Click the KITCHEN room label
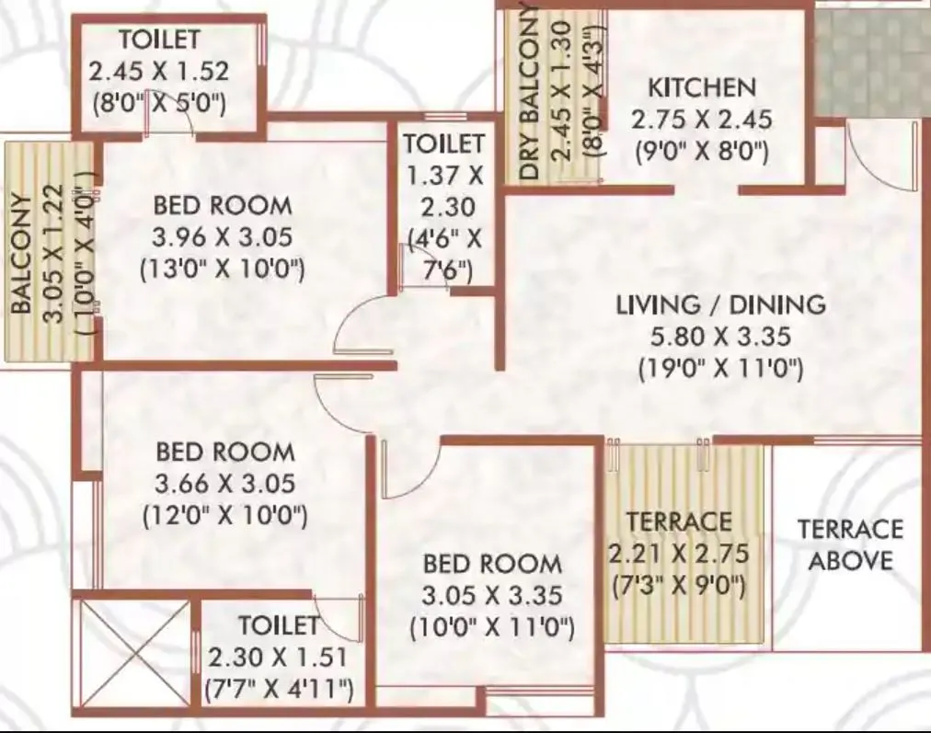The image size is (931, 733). coord(702,88)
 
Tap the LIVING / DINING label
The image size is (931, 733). coord(721,304)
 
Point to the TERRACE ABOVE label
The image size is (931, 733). coord(850,544)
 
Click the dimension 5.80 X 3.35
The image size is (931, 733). coord(720,337)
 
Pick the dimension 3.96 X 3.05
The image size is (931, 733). coord(223,237)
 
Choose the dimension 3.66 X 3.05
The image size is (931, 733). coord(224,484)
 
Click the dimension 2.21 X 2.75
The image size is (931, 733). coord(679,554)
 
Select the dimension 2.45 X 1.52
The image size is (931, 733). coord(158,71)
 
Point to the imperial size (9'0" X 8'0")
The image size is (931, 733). coord(701,151)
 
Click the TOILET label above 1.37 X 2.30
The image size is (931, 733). coord(443,143)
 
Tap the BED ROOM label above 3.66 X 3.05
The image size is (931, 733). coord(224,452)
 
